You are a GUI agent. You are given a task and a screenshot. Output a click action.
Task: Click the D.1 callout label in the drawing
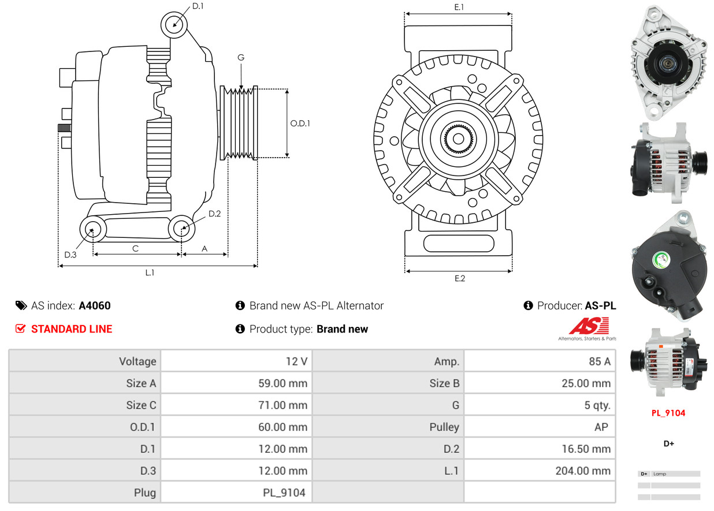[198, 6]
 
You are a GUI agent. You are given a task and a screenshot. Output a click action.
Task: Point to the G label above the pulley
[241, 57]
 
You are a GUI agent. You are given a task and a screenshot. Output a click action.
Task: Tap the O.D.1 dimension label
[300, 123]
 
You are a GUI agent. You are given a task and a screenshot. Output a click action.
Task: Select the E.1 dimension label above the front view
[459, 7]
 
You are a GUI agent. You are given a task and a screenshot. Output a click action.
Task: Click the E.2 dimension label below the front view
[459, 278]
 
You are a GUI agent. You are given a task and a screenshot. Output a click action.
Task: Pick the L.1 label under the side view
[150, 273]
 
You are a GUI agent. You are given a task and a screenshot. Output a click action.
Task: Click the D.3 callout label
[70, 255]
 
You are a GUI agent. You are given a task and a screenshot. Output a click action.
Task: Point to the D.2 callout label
[215, 214]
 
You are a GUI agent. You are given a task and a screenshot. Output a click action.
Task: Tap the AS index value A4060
[95, 305]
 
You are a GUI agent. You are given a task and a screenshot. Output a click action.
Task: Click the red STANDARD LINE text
[72, 329]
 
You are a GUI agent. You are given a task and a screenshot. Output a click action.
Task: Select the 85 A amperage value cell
[599, 361]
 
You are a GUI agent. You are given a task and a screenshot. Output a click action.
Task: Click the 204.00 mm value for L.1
[583, 471]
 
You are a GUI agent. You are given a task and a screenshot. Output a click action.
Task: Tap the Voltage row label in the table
[137, 361]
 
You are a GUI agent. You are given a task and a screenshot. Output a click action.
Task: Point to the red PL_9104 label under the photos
[668, 413]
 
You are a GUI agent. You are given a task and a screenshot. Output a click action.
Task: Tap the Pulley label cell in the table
[444, 427]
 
